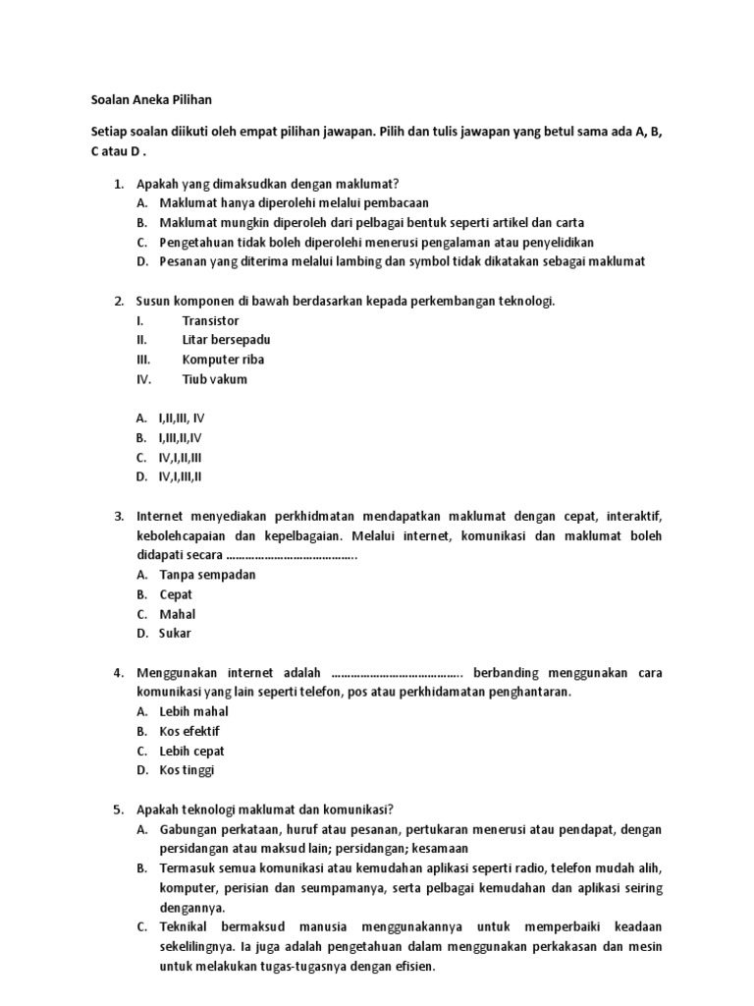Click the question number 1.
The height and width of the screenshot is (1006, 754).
(118, 184)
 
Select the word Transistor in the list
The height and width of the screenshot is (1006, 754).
(210, 320)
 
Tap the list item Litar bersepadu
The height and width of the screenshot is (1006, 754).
(226, 340)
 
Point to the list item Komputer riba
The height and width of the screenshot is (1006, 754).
(223, 360)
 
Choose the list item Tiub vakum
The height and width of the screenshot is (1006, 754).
(215, 379)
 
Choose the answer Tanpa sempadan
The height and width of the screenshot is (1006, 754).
(207, 575)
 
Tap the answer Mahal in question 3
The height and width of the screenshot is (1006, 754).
(178, 614)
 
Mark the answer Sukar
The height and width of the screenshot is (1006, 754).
(176, 634)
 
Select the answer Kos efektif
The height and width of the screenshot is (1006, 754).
(189, 731)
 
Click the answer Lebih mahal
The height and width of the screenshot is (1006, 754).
(193, 711)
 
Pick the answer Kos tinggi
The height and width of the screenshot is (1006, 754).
(187, 770)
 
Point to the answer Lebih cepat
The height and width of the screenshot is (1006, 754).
(192, 751)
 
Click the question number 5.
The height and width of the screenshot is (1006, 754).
(118, 810)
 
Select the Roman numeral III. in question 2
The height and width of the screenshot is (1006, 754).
(144, 360)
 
